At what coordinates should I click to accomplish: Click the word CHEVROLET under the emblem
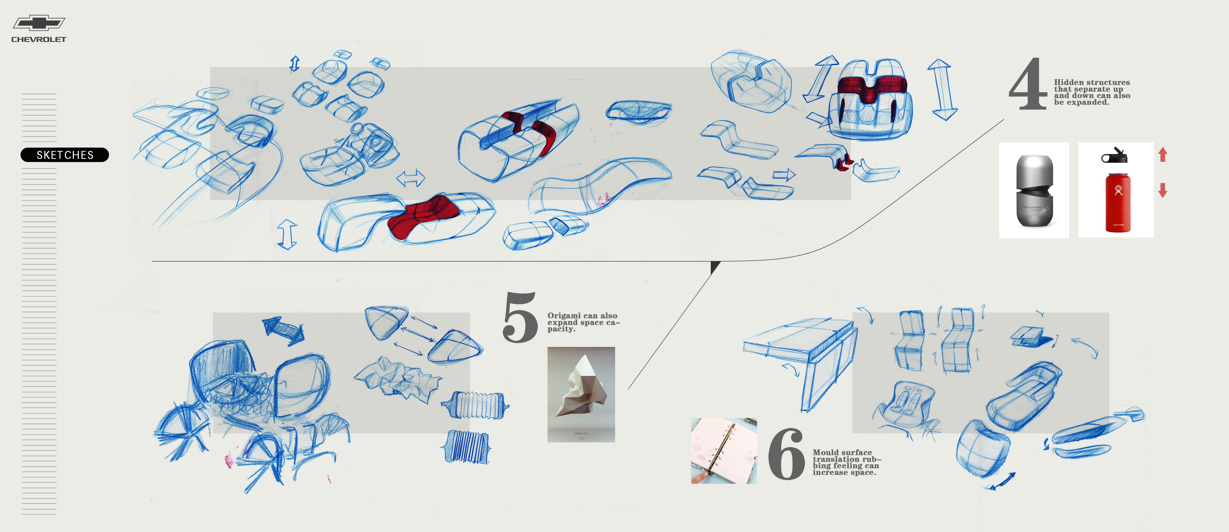point(39,40)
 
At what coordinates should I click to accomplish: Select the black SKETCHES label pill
point(65,155)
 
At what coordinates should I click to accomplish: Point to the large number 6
point(786,454)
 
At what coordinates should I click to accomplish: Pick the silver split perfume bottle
point(1034,191)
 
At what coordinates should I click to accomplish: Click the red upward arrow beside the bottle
point(1163,154)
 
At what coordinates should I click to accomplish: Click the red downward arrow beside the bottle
point(1163,190)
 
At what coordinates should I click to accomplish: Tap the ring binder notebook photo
point(723,451)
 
